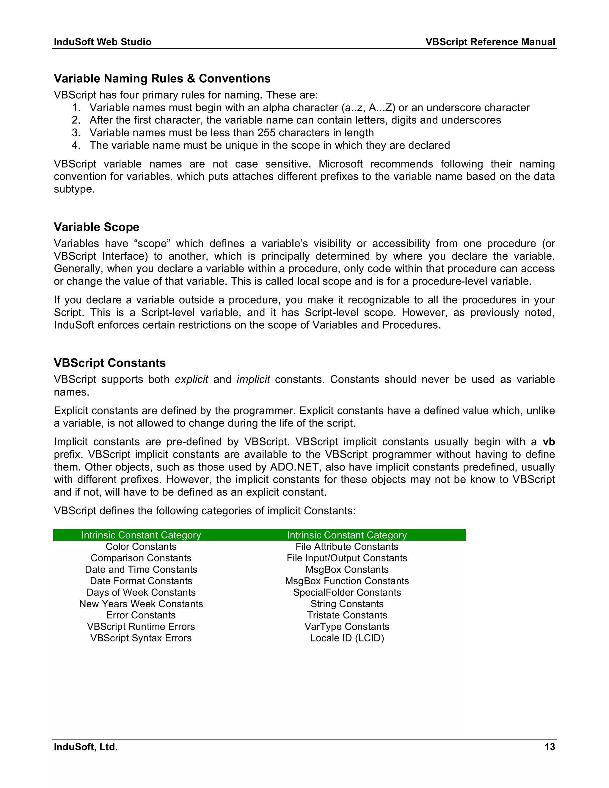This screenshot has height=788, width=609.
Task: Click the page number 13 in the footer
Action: point(550,746)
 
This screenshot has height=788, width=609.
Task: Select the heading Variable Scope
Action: point(96,227)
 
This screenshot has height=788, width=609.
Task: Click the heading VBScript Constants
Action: point(109,363)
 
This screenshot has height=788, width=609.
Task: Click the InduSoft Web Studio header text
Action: point(103,42)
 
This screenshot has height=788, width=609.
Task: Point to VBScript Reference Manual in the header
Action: point(490,42)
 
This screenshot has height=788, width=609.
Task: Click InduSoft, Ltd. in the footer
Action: point(86,746)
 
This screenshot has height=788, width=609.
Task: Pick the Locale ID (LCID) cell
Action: point(347,638)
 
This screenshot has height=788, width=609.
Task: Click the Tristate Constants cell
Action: point(347,615)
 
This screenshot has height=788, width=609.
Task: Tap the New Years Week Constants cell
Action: point(141,604)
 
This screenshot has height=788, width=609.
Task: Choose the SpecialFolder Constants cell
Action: point(347,592)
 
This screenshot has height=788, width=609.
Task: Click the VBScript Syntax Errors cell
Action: point(141,638)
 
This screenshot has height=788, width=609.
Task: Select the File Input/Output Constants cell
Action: point(347,558)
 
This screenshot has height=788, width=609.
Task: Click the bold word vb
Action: point(548,442)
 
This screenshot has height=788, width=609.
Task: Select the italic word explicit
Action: point(191,379)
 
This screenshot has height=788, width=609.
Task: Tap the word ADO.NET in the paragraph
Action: point(294,467)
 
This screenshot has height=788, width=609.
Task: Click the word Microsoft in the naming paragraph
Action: point(340,164)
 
